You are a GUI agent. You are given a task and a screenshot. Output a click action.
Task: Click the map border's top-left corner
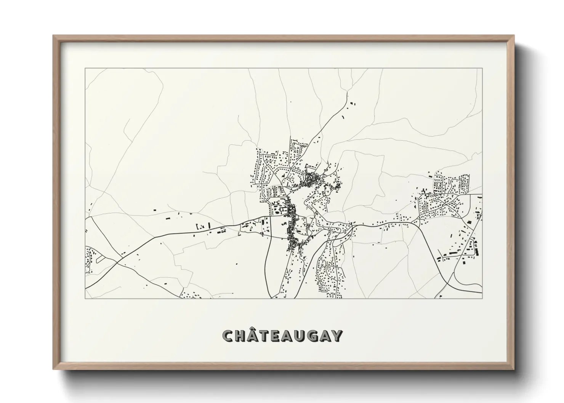click(85, 68)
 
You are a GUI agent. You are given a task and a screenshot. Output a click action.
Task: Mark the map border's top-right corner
click(482, 68)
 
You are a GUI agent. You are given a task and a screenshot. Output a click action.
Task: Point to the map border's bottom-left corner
click(85, 298)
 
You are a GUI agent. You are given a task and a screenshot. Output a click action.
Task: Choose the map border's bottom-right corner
click(482, 298)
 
